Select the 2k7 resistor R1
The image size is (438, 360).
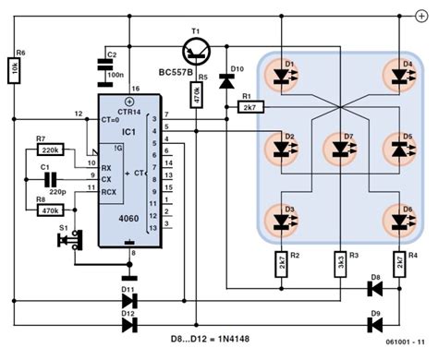click(249, 108)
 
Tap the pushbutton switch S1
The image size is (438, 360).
click(67, 241)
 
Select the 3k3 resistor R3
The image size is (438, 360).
click(341, 262)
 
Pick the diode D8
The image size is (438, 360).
click(374, 289)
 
